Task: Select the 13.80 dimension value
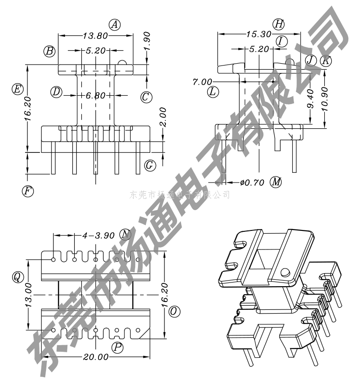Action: (95, 35)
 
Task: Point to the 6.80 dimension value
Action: (96, 96)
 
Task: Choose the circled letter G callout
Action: (150, 164)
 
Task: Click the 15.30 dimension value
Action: (259, 34)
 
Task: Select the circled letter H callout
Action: (278, 24)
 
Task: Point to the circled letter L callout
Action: (213, 92)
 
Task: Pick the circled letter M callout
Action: (276, 182)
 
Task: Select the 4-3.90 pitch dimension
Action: (98, 236)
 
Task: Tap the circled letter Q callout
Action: (18, 277)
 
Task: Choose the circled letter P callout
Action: (118, 347)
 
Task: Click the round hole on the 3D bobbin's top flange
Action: (285, 271)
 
